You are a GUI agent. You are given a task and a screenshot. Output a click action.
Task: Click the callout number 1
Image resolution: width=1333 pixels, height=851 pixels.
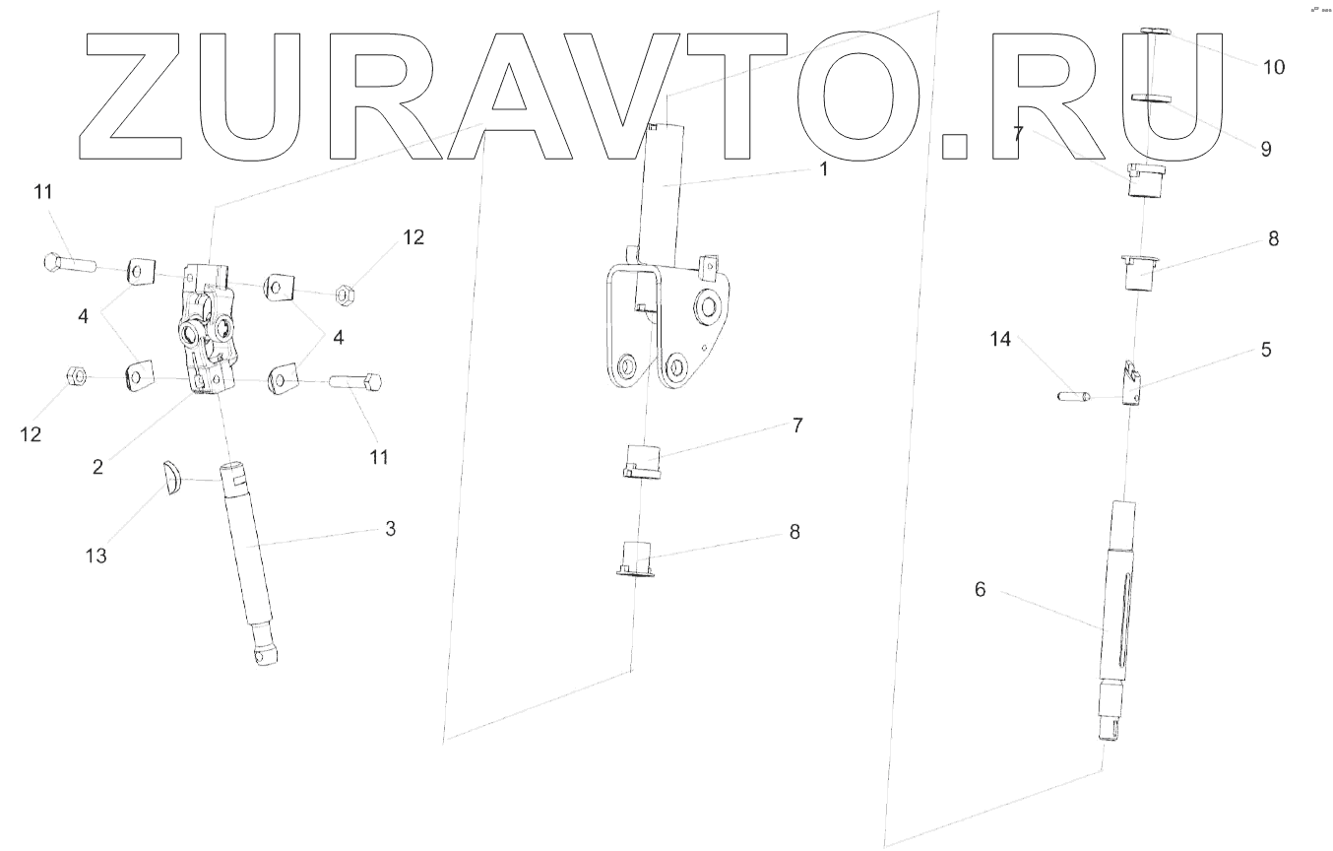tap(824, 168)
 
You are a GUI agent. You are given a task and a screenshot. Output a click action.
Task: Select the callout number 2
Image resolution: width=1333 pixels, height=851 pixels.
tap(97, 467)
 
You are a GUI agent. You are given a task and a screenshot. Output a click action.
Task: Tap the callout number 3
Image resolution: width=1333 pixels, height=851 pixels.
tap(390, 529)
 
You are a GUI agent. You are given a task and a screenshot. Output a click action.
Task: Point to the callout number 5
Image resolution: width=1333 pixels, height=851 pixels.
tap(1265, 350)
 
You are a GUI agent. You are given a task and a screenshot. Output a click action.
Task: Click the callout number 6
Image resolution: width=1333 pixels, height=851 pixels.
tap(980, 589)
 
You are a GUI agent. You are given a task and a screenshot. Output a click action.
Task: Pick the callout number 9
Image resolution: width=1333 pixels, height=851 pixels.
tap(1265, 149)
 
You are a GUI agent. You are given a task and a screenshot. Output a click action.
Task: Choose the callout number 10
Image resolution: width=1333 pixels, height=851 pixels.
tap(1273, 67)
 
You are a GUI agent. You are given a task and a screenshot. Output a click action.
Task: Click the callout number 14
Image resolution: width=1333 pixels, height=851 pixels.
tap(1000, 340)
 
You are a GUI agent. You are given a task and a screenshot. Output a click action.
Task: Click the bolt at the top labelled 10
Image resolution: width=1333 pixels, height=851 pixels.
tap(1154, 33)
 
